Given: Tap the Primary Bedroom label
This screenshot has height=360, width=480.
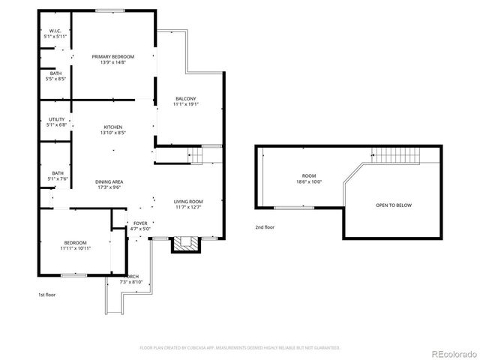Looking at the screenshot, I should coord(112,56).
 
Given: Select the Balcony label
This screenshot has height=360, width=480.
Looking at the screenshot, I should coord(186,99).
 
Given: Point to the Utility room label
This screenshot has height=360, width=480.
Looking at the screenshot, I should coord(57,119).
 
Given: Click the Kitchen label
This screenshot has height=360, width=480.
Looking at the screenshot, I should coord(112,127).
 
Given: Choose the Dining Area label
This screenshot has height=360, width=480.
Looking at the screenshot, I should coord(109,182).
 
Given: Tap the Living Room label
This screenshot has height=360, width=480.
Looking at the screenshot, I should coord(188,202).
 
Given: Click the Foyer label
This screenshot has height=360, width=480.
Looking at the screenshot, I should coord(140,223).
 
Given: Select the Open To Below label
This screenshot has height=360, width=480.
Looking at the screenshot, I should coord(393,205).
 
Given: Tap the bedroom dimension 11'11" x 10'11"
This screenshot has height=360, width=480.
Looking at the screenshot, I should coord(76,247).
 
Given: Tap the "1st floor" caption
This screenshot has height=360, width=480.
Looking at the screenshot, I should coord(46,295).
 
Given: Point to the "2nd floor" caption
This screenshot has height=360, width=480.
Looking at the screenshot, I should coord(264,226).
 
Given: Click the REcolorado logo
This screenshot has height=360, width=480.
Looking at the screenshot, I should coord(452,353).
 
